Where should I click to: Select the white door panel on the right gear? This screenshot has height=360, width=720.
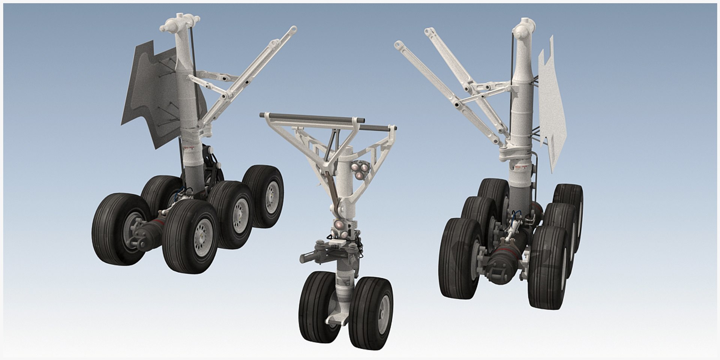point(551,109)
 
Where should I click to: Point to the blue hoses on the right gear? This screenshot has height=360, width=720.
point(517,215)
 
